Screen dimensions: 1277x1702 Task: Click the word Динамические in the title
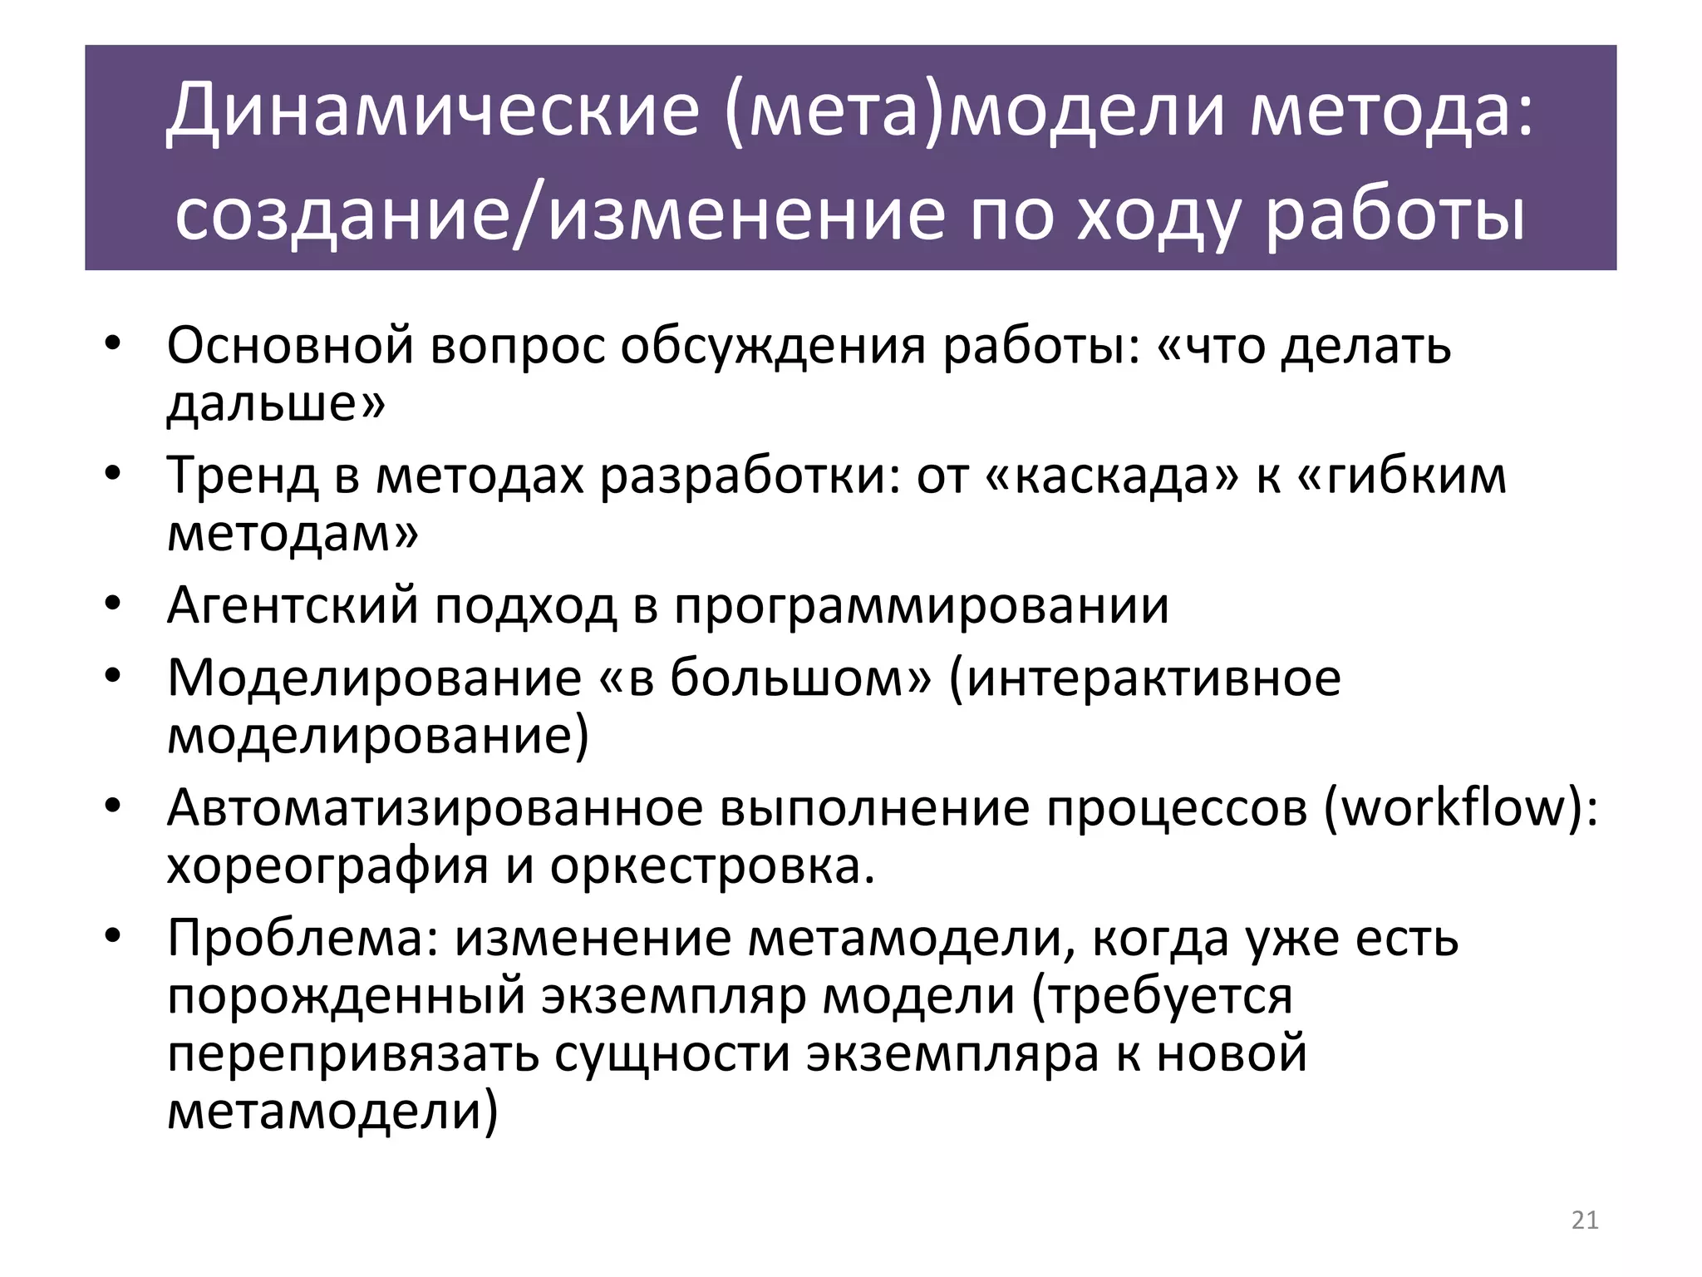[432, 110]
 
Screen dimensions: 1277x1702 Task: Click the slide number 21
[1585, 1220]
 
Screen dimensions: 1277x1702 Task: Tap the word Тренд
[243, 476]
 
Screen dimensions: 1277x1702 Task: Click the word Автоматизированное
[435, 807]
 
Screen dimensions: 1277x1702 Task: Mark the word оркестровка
[712, 866]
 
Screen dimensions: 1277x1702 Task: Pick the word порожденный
[347, 996]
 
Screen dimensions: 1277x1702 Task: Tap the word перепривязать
[353, 1053]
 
